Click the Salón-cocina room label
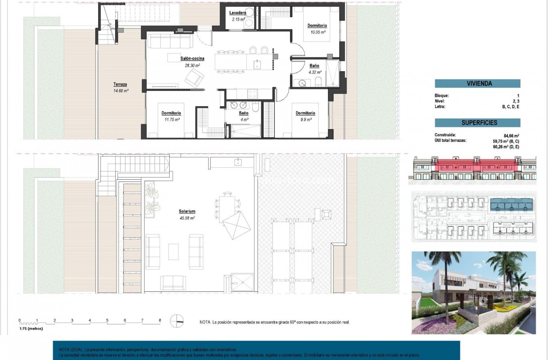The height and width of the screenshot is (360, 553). (192, 59)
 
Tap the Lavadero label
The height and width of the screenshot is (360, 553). (238, 13)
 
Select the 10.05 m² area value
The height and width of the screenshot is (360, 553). (317, 32)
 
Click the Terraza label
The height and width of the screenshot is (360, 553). (120, 84)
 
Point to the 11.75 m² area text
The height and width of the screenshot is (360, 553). (171, 119)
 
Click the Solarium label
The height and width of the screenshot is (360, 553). (187, 212)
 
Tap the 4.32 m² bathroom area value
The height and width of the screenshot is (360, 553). (315, 72)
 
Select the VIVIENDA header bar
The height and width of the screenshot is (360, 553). (477, 83)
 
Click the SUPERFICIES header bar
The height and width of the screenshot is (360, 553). (477, 123)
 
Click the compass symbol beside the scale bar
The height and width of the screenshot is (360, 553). (177, 321)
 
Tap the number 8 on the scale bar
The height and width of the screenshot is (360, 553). (160, 320)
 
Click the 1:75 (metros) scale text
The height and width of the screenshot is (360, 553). (31, 329)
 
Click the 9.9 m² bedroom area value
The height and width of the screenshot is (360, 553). (305, 119)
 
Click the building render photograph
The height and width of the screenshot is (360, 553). (473, 293)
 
